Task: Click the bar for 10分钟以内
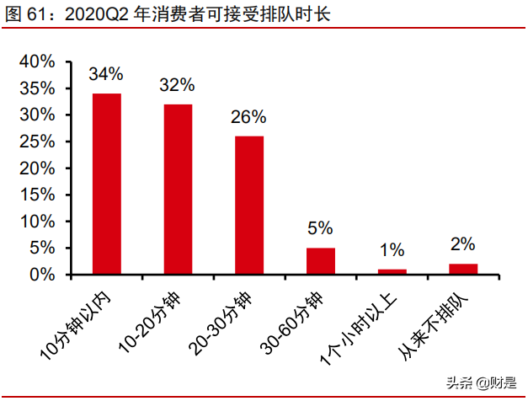106,184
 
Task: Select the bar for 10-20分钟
178,189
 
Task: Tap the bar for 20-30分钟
249,205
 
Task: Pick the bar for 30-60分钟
321,261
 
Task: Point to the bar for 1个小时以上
392,271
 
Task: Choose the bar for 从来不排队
463,269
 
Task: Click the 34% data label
106,74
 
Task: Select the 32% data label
178,85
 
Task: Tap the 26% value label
249,117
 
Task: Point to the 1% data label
392,250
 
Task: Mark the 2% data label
463,244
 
